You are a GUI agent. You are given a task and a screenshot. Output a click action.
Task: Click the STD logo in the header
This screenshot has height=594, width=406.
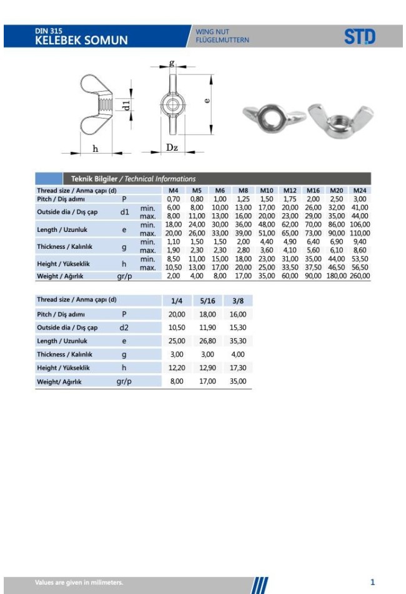point(360,37)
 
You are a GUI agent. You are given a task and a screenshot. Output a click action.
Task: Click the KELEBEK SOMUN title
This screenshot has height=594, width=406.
point(81,40)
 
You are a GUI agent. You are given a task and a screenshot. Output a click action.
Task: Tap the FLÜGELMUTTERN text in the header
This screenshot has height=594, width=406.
point(222,41)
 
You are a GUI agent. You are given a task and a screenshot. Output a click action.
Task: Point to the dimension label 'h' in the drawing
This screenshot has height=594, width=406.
point(95,148)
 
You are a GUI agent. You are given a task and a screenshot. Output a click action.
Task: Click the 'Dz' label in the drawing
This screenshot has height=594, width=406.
point(172,148)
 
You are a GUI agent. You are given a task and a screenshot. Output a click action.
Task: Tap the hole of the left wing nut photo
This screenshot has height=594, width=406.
point(273,116)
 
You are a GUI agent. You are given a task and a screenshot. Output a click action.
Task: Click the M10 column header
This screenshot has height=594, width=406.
point(267,190)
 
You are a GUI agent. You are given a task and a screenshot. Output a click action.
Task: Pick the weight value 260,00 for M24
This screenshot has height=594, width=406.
point(359,276)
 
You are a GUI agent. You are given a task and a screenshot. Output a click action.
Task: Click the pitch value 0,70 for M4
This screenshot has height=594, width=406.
point(173,199)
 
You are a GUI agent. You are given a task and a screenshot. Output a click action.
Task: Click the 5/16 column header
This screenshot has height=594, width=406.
point(207,301)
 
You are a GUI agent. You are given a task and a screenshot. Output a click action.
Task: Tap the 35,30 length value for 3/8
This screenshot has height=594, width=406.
point(238,341)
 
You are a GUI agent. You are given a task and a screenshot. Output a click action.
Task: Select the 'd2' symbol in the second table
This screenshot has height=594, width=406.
point(124,328)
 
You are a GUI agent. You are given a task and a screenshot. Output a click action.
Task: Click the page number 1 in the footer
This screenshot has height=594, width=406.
point(372,582)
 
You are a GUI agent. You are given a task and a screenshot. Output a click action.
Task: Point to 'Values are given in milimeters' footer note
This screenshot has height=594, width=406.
point(79,583)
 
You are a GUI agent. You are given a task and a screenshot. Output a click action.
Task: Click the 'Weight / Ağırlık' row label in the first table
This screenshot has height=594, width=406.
point(60,276)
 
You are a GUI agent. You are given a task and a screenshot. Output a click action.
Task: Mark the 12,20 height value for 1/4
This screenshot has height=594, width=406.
point(177,368)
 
